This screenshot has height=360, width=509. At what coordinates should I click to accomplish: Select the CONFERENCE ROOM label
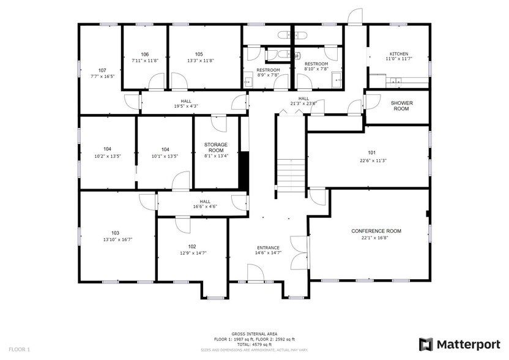[376, 231]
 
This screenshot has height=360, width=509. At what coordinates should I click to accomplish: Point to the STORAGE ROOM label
[215, 147]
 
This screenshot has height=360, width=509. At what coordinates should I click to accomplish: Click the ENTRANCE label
[268, 247]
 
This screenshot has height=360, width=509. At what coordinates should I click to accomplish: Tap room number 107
[102, 70]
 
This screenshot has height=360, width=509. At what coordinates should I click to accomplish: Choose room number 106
[145, 54]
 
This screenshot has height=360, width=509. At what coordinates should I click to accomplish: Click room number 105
[199, 54]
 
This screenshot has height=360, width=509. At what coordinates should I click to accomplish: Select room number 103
[115, 233]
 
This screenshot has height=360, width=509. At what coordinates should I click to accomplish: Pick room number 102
[192, 246]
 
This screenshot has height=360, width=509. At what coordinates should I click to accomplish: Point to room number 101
[372, 152]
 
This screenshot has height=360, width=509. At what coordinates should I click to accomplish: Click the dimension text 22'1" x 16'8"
[376, 238]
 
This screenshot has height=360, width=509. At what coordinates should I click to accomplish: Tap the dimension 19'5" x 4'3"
[186, 106]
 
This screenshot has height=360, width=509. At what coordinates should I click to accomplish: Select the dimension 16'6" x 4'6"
[205, 206]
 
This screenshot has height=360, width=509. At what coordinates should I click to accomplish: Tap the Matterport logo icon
[426, 343]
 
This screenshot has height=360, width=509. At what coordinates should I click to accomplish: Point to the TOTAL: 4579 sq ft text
[254, 345]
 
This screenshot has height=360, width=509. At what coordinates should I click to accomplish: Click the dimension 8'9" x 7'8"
[268, 75]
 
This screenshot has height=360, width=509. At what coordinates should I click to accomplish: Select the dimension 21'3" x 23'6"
[303, 103]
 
